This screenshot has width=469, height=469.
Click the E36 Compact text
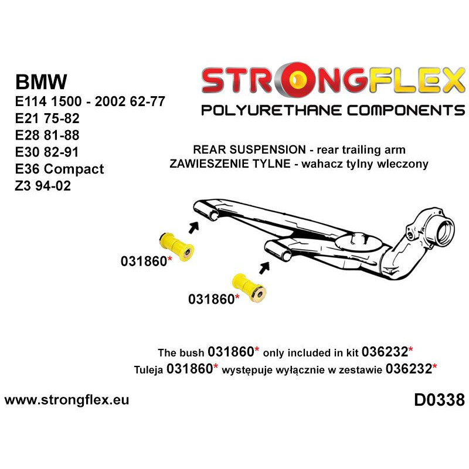pos(59,169)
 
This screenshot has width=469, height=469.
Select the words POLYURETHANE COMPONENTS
pos(332,110)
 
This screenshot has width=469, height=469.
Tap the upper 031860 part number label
pos(144,261)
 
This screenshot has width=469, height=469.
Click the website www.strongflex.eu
pos(66,400)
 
